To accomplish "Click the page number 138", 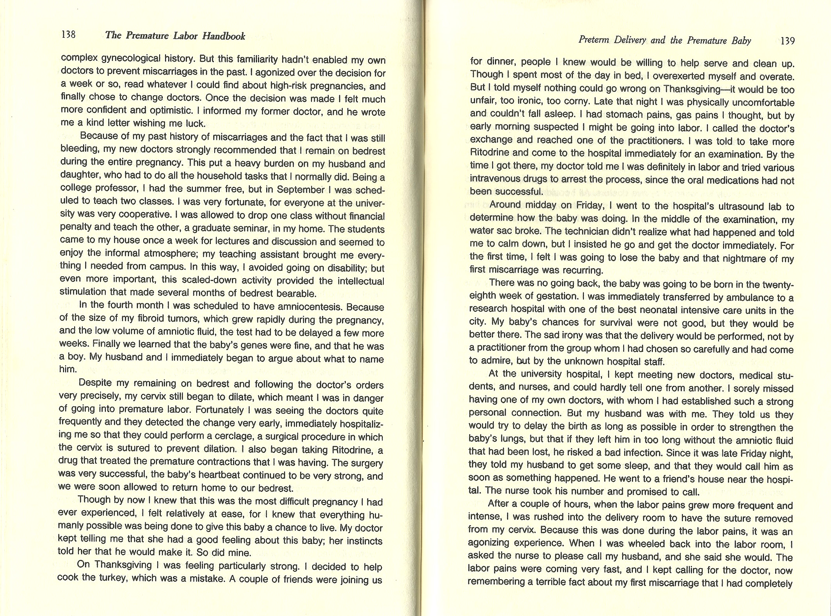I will [x=68, y=35].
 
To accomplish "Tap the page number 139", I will [x=787, y=41].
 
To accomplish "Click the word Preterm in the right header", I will [x=593, y=40].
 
